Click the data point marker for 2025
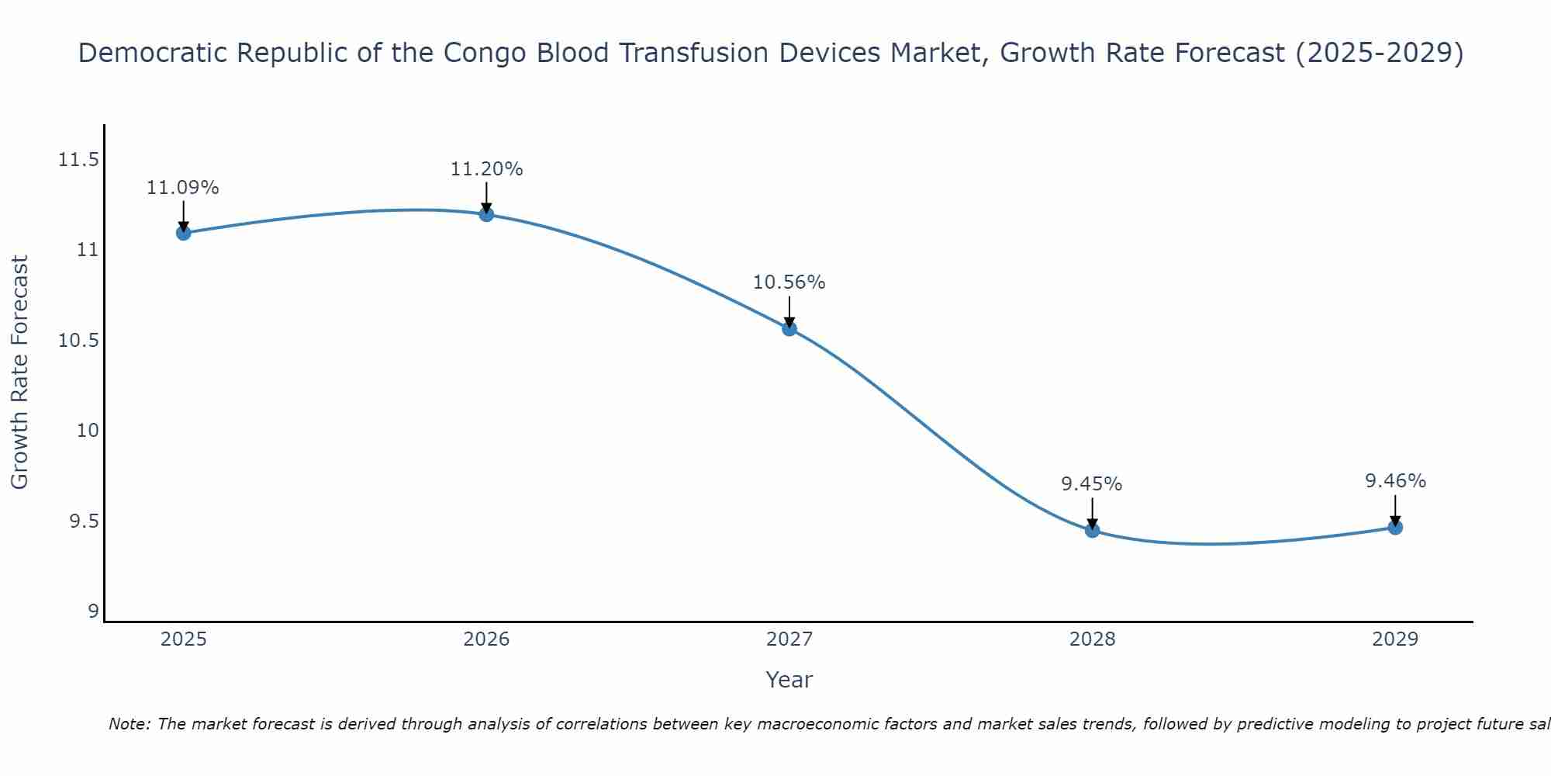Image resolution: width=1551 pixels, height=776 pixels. coord(184,233)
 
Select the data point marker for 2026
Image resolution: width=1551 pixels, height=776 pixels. coord(486,214)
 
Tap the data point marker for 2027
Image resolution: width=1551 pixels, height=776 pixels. coord(789,328)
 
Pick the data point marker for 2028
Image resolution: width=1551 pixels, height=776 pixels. coord(1092,531)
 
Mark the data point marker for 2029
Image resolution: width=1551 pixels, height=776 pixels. coord(1395,528)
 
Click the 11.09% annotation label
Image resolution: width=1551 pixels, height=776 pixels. coord(183,188)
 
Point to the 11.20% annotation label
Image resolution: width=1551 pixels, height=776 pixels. coord(486,169)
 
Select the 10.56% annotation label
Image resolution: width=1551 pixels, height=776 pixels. coord(789,282)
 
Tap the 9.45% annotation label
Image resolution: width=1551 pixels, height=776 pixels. coord(1092,484)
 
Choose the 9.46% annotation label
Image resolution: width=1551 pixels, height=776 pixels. coord(1395,481)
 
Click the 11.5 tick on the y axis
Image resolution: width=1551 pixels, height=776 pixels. coord(78,161)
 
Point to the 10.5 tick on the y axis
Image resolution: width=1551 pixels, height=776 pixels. coord(78,341)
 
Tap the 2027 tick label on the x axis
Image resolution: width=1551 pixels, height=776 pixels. coord(789,639)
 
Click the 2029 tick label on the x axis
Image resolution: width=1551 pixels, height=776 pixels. coord(1395,639)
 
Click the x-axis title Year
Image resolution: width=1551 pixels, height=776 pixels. coord(789,680)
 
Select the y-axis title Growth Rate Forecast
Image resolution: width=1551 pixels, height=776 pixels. coord(19,372)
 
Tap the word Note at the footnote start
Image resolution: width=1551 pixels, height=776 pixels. coord(129,724)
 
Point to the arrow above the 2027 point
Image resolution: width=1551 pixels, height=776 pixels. coord(789,312)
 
